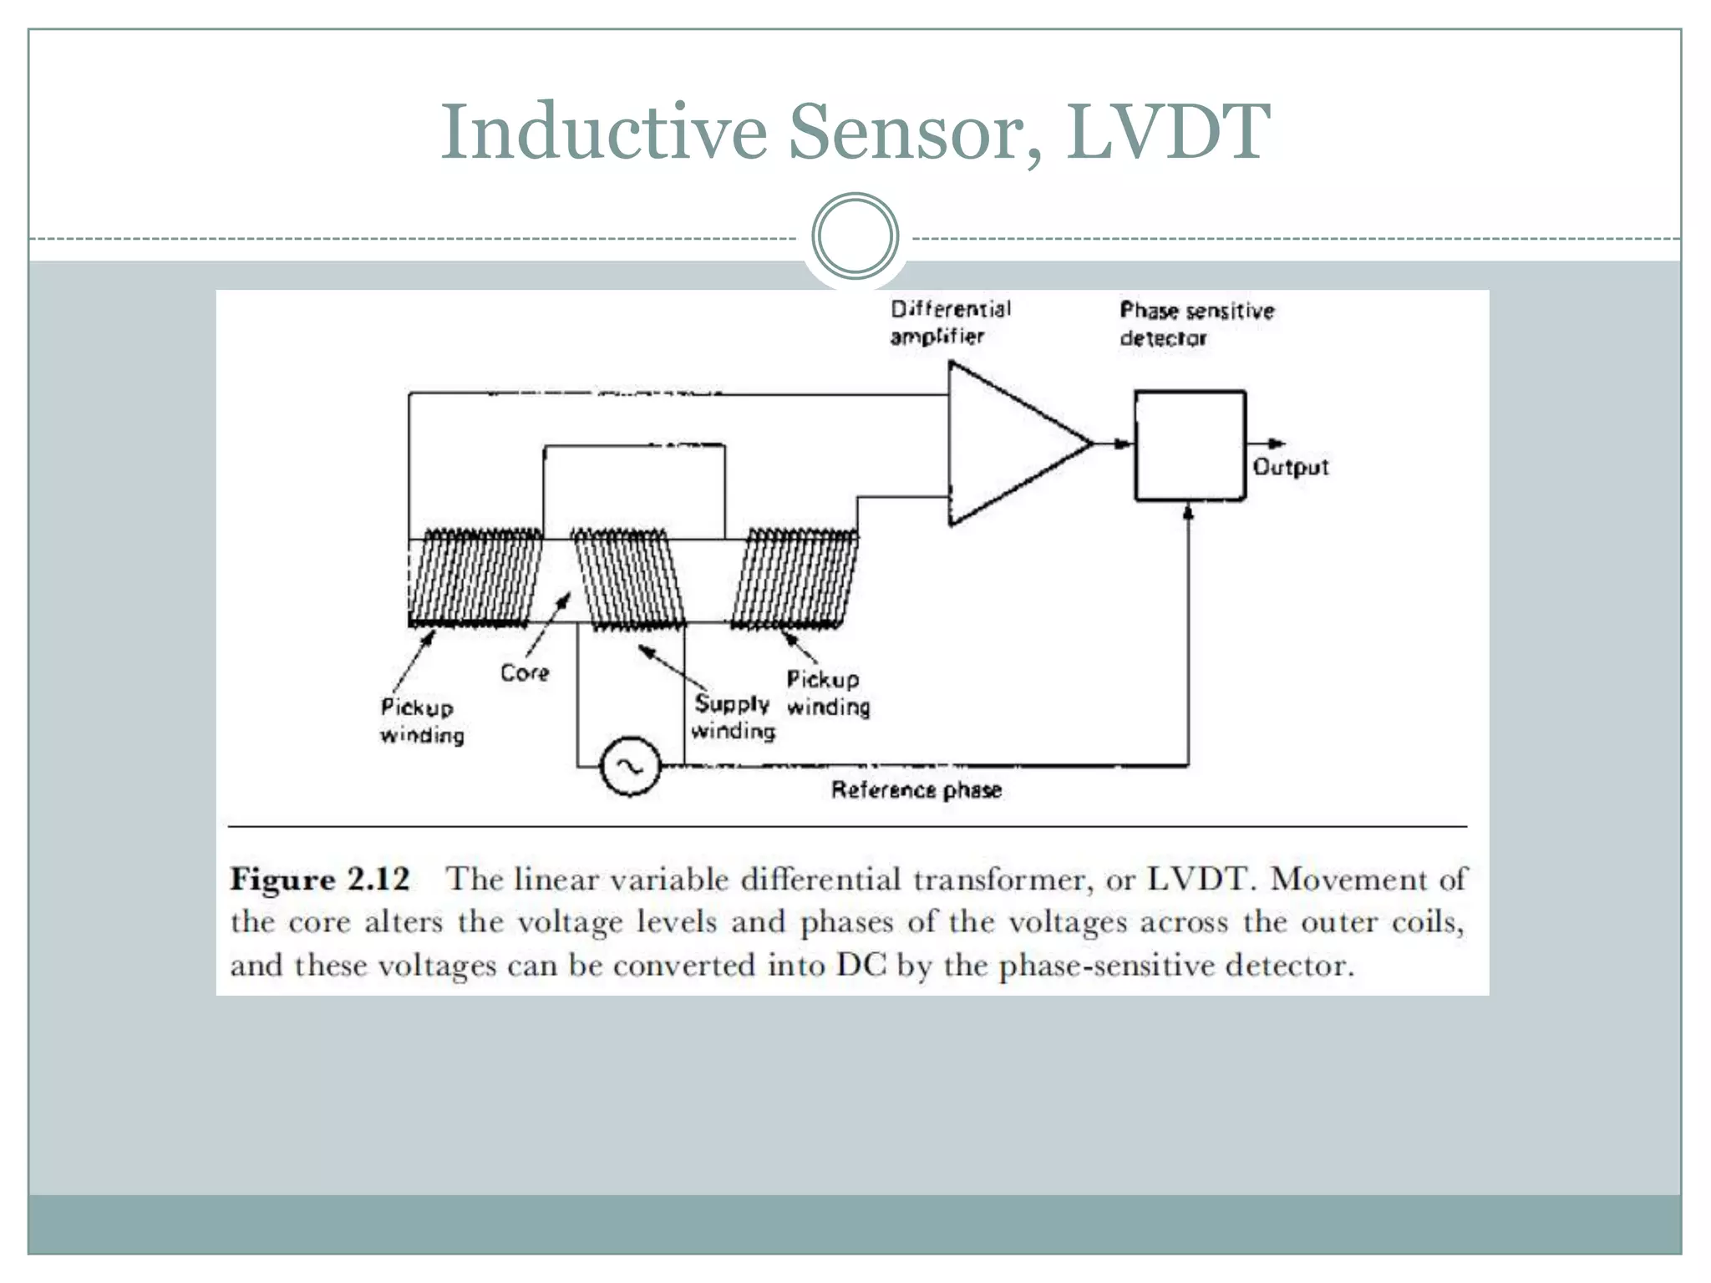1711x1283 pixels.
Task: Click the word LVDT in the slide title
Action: (x=1168, y=132)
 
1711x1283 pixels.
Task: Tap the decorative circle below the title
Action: (x=855, y=236)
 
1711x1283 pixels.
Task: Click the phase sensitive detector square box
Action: (x=1190, y=445)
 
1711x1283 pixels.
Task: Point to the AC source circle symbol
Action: (x=631, y=766)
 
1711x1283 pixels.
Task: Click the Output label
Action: (x=1290, y=467)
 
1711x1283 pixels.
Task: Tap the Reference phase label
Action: (x=916, y=790)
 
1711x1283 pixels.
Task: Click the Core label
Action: (x=525, y=673)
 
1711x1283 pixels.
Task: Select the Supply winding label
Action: (x=733, y=718)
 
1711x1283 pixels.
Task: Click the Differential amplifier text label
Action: (x=950, y=322)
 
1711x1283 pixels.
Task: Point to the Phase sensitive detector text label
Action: (x=1196, y=324)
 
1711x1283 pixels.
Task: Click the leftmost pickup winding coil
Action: (x=475, y=578)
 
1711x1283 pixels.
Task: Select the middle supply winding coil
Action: (x=628, y=578)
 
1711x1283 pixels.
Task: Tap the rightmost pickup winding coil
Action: (x=795, y=578)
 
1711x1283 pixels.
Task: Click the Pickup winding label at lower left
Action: (x=421, y=722)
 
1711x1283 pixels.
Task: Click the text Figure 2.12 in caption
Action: (x=320, y=880)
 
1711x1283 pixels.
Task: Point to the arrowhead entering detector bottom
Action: (x=1189, y=511)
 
